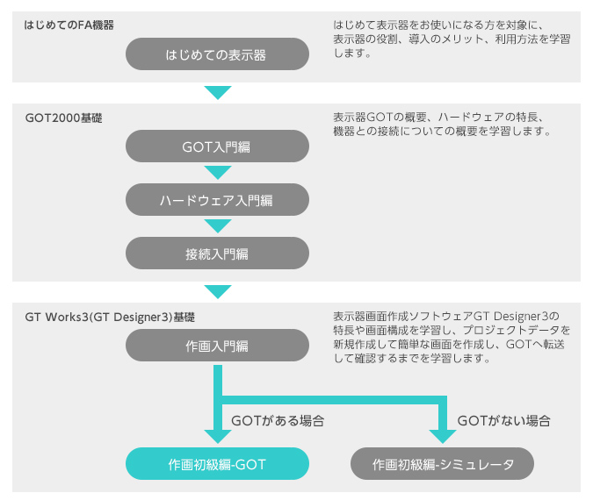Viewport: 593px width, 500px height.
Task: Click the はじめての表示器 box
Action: (217, 54)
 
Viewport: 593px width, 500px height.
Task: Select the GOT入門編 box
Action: (217, 146)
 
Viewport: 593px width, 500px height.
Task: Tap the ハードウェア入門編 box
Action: (217, 200)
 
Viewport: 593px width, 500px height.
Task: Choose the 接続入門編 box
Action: (217, 254)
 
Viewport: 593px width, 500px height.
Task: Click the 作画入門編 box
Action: (217, 346)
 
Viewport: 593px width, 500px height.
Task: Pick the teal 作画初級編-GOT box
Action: (217, 463)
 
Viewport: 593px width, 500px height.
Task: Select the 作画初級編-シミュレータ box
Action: (442, 463)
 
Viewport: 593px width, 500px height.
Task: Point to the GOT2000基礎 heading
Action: (63, 117)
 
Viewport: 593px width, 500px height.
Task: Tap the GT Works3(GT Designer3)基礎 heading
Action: (110, 316)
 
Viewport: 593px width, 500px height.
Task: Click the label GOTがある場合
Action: (278, 421)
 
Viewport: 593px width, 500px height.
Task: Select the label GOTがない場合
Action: (504, 421)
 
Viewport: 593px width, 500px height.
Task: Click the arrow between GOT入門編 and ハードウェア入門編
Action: (217, 173)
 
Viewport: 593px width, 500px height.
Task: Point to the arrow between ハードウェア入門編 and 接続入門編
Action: (217, 226)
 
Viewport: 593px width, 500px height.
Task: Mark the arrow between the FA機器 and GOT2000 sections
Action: (217, 92)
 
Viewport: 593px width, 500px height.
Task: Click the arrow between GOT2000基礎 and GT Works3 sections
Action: (217, 291)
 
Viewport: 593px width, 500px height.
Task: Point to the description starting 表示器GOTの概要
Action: (442, 125)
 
